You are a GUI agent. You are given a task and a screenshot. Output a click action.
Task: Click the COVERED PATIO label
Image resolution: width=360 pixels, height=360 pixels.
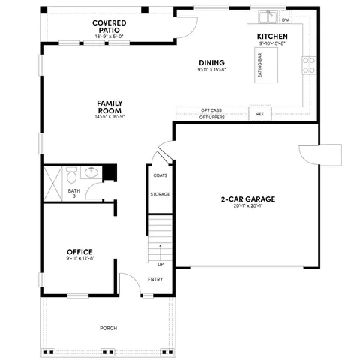click(x=109, y=24)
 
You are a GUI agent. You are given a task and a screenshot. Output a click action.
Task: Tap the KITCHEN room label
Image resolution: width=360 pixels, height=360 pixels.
click(x=271, y=36)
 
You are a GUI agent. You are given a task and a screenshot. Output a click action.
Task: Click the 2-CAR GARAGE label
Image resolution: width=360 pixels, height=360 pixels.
click(x=247, y=199)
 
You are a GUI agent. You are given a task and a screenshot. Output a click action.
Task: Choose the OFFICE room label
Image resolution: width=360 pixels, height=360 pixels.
click(x=79, y=251)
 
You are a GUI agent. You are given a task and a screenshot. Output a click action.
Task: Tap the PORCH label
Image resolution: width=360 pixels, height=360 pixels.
click(x=109, y=328)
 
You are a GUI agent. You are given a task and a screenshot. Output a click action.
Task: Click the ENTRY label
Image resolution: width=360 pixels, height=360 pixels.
click(x=155, y=280)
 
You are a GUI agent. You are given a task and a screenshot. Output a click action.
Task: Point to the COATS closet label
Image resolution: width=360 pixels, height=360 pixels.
click(x=160, y=175)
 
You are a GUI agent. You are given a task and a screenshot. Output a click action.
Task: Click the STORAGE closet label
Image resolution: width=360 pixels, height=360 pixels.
click(x=160, y=194)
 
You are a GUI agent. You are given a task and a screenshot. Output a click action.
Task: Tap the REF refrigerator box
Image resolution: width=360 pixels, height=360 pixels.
click(x=260, y=114)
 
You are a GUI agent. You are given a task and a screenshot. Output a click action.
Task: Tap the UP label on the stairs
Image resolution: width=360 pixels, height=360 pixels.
click(x=160, y=263)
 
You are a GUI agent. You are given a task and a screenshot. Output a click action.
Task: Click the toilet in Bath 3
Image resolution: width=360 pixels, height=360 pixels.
click(x=70, y=177)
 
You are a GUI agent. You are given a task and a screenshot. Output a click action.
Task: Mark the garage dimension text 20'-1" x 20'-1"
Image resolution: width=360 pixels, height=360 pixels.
click(x=247, y=207)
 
